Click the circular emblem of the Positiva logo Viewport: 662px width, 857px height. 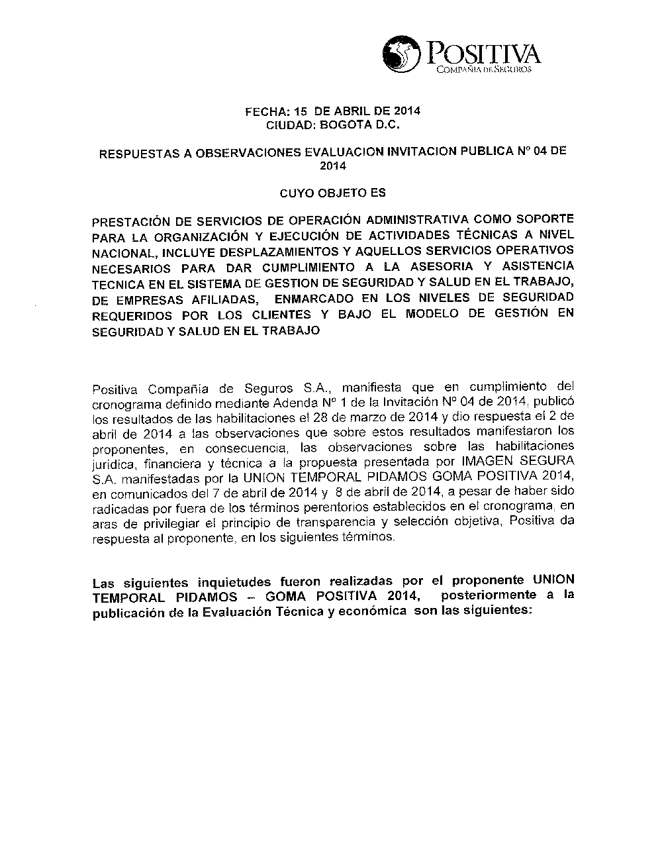click(401, 54)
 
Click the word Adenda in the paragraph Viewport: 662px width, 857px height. click(263, 403)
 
